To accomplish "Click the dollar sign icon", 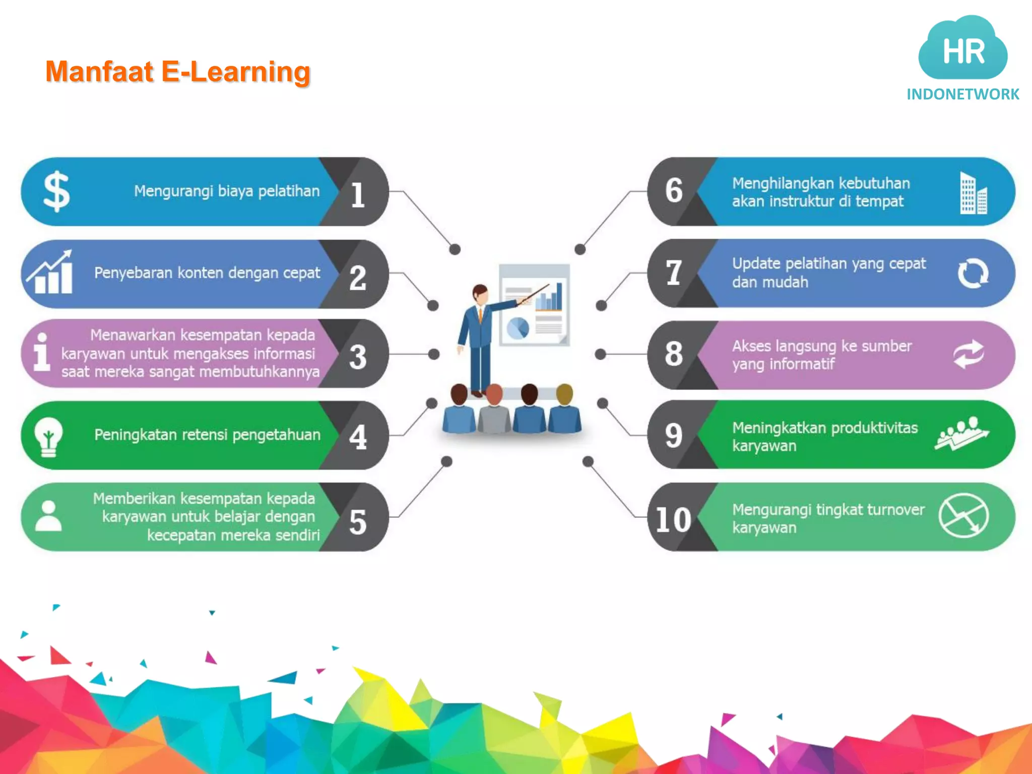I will pyautogui.click(x=56, y=191).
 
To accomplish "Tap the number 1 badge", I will pyautogui.click(x=358, y=195).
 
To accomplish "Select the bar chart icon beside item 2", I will pyautogui.click(x=50, y=273).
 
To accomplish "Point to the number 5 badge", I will pyautogui.click(x=358, y=522).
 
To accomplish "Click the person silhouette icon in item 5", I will pyautogui.click(x=48, y=516).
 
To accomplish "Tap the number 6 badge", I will pyautogui.click(x=674, y=190).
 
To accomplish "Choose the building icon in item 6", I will pyautogui.click(x=973, y=193).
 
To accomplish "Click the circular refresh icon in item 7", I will pyautogui.click(x=973, y=273).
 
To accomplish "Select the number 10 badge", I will pyautogui.click(x=673, y=520).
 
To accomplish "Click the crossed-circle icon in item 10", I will pyautogui.click(x=963, y=515).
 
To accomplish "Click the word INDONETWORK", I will pyautogui.click(x=962, y=94).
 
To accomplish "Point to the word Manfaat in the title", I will pyautogui.click(x=99, y=72).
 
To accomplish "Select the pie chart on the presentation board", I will pyautogui.click(x=518, y=328).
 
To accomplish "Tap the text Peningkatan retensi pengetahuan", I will pyautogui.click(x=207, y=434).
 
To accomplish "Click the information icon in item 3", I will pyautogui.click(x=42, y=352).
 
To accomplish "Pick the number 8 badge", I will pyautogui.click(x=674, y=354).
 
